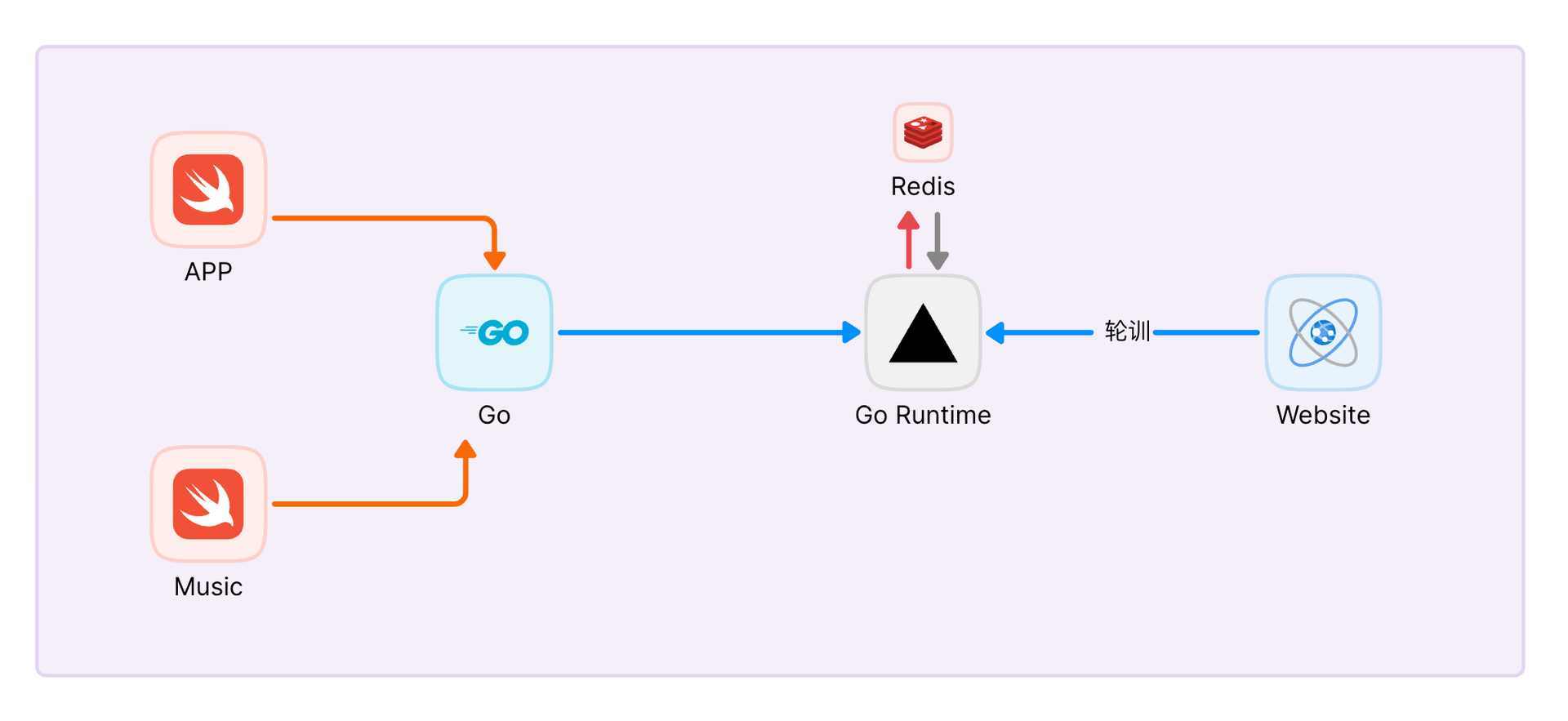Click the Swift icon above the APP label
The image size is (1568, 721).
pos(208,189)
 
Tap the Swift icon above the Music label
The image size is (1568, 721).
pos(208,504)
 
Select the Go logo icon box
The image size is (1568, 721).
pos(494,332)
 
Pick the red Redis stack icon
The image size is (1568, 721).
pos(923,132)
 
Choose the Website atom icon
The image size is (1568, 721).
pos(1323,332)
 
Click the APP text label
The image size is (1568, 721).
pos(208,272)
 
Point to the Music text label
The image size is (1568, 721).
pos(208,587)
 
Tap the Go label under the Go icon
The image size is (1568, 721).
pos(494,416)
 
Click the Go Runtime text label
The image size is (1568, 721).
pos(923,416)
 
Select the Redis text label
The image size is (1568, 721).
pos(923,187)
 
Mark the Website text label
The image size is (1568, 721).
pos(1323,416)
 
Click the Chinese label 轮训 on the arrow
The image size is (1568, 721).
pos(1127,332)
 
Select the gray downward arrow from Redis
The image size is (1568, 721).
pos(938,241)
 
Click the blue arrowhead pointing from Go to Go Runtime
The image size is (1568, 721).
pos(851,332)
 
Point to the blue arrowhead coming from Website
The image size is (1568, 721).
pos(996,332)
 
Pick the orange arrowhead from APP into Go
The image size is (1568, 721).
pos(494,260)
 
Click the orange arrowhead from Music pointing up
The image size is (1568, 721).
pos(465,449)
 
